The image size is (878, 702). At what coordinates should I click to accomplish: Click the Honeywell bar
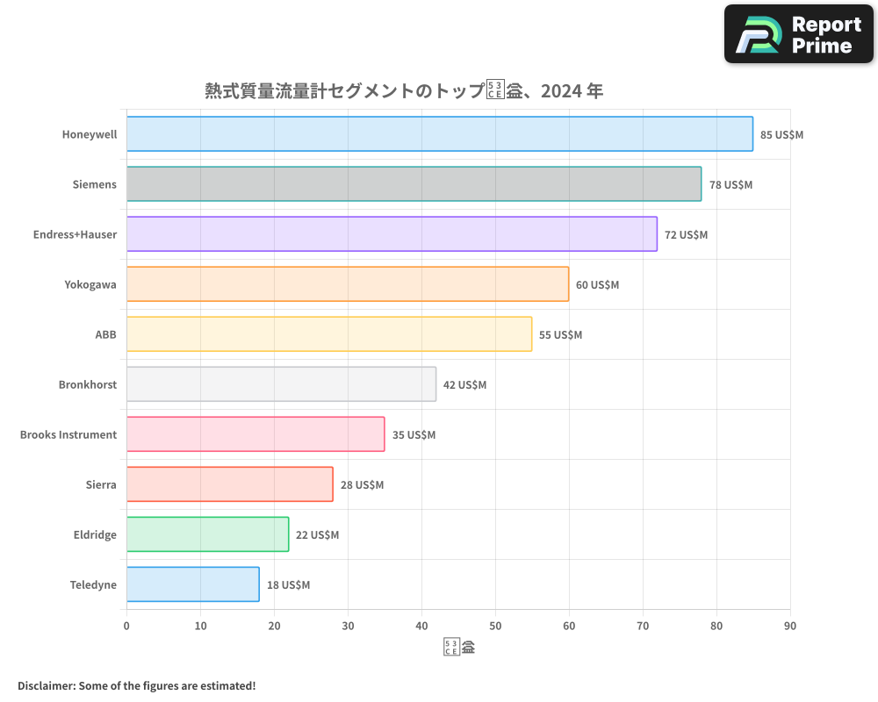(x=439, y=134)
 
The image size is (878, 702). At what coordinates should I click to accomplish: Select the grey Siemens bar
(x=414, y=184)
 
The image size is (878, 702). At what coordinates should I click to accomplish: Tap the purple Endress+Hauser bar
(x=392, y=234)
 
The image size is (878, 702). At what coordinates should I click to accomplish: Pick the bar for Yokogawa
(x=348, y=284)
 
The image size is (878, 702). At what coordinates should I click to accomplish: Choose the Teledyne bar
(x=193, y=584)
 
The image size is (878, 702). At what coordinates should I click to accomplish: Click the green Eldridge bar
(x=207, y=534)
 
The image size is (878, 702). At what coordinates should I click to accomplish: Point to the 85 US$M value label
(x=781, y=135)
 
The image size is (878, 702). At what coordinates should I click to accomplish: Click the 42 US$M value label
(x=464, y=385)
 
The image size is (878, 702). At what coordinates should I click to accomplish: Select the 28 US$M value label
(x=362, y=485)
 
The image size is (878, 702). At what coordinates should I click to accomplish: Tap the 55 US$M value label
(x=560, y=335)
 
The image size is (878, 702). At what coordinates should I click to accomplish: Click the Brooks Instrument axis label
(x=68, y=435)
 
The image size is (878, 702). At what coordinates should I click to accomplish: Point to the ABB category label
(x=105, y=335)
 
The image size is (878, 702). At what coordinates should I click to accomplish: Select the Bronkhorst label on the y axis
(x=88, y=385)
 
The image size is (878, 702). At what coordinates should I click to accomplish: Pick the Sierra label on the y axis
(x=101, y=485)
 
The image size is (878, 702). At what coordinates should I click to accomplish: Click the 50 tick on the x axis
(x=495, y=626)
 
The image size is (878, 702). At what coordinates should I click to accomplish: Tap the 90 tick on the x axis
(x=790, y=626)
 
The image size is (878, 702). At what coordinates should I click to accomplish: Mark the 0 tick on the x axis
(x=126, y=626)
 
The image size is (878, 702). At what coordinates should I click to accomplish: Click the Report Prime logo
(x=798, y=34)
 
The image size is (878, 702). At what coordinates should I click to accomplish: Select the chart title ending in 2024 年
(x=404, y=91)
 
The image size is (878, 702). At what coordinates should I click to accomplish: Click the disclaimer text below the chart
(x=136, y=686)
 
